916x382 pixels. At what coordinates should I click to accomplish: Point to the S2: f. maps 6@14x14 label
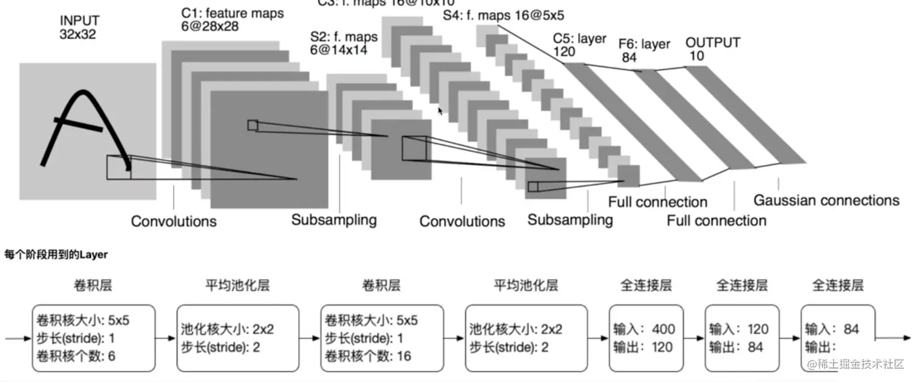[x=343, y=44]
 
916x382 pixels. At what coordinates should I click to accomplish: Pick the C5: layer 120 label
[x=579, y=45]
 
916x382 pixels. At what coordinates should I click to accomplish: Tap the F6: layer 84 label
[x=644, y=50]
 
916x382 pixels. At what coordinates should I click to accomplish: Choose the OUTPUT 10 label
[x=712, y=49]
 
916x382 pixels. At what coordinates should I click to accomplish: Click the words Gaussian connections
[x=826, y=200]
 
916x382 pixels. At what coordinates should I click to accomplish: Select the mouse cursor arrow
[x=440, y=111]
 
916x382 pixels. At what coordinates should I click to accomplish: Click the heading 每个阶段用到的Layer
[x=56, y=255]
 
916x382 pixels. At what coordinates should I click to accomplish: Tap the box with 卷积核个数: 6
[x=94, y=338]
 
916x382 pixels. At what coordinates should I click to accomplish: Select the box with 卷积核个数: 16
[x=382, y=338]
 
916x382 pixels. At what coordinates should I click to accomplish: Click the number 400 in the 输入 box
[x=663, y=330]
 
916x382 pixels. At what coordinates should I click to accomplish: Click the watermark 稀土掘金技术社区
[x=854, y=364]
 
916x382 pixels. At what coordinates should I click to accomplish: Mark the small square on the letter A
[x=119, y=167]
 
